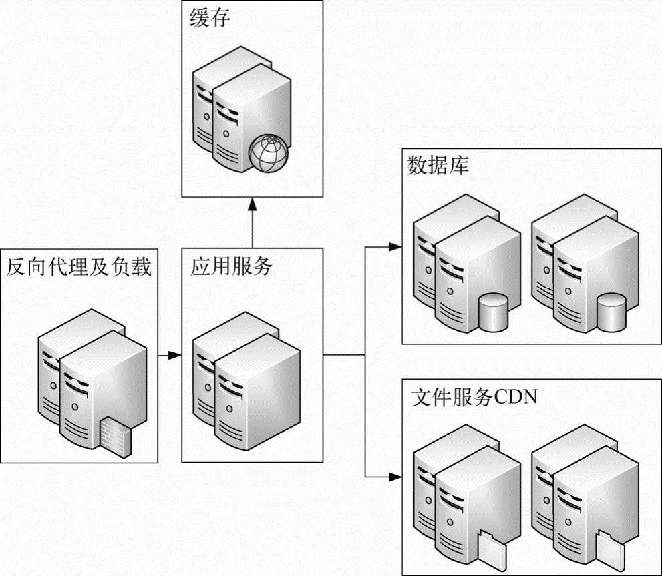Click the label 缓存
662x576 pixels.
210,19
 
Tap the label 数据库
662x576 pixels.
438,166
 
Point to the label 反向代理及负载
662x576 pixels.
79,267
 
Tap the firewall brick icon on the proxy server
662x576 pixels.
115,433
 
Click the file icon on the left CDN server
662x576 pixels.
492,546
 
